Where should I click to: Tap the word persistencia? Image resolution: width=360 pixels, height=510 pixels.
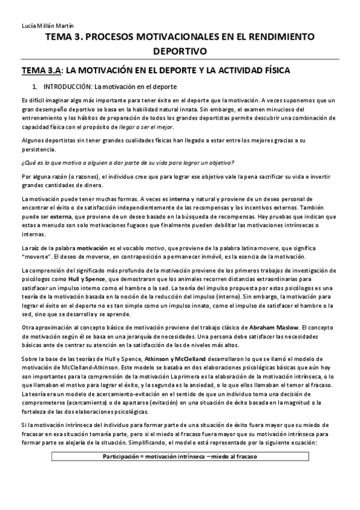pos(38,149)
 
